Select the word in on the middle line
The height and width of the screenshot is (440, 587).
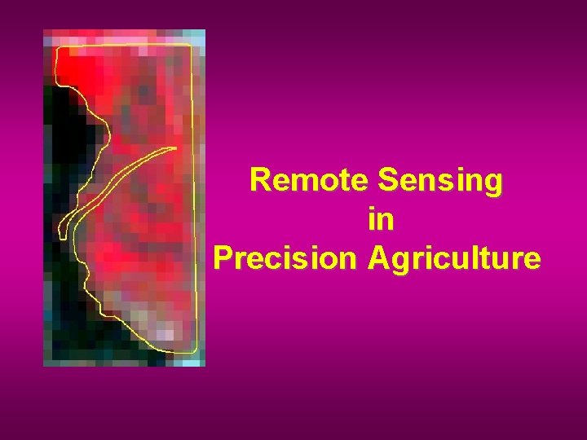pyautogui.click(x=380, y=219)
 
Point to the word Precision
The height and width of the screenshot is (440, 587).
pyautogui.click(x=285, y=257)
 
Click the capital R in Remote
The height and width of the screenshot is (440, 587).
pyautogui.click(x=259, y=180)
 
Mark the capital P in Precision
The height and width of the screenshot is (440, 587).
pyautogui.click(x=223, y=257)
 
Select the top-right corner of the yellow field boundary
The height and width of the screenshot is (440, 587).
pyautogui.click(x=192, y=46)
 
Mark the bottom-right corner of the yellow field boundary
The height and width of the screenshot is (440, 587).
pyautogui.click(x=196, y=351)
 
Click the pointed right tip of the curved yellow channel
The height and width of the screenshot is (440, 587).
pyautogui.click(x=176, y=147)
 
